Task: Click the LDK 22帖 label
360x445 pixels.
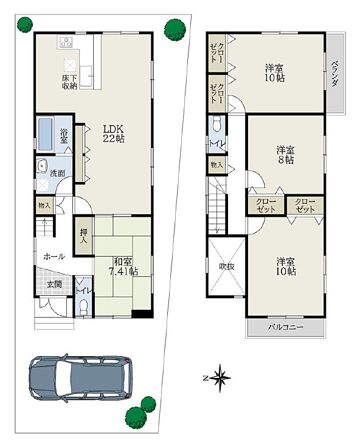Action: tap(114, 134)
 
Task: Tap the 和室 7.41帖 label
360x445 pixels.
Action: tap(123, 267)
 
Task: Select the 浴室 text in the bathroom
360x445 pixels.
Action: tap(64, 136)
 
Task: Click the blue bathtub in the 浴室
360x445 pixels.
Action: tap(46, 134)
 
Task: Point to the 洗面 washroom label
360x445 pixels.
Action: tap(58, 173)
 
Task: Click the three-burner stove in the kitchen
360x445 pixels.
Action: tap(67, 42)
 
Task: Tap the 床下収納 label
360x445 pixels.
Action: tap(69, 82)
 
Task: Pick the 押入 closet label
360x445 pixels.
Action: tap(83, 236)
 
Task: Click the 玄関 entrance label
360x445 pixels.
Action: tap(54, 284)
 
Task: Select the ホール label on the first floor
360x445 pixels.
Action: tap(54, 256)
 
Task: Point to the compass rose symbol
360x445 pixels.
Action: tap(219, 378)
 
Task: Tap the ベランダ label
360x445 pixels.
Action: tap(335, 73)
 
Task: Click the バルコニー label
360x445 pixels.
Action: tap(286, 327)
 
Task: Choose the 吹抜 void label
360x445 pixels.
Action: tap(227, 267)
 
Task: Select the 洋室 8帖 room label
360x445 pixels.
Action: tap(285, 155)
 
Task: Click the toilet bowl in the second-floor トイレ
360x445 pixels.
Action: tap(217, 124)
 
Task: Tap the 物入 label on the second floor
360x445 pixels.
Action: tap(216, 164)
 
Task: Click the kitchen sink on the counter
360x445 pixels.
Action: tap(86, 76)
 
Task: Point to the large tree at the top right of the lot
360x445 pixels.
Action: tap(175, 30)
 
